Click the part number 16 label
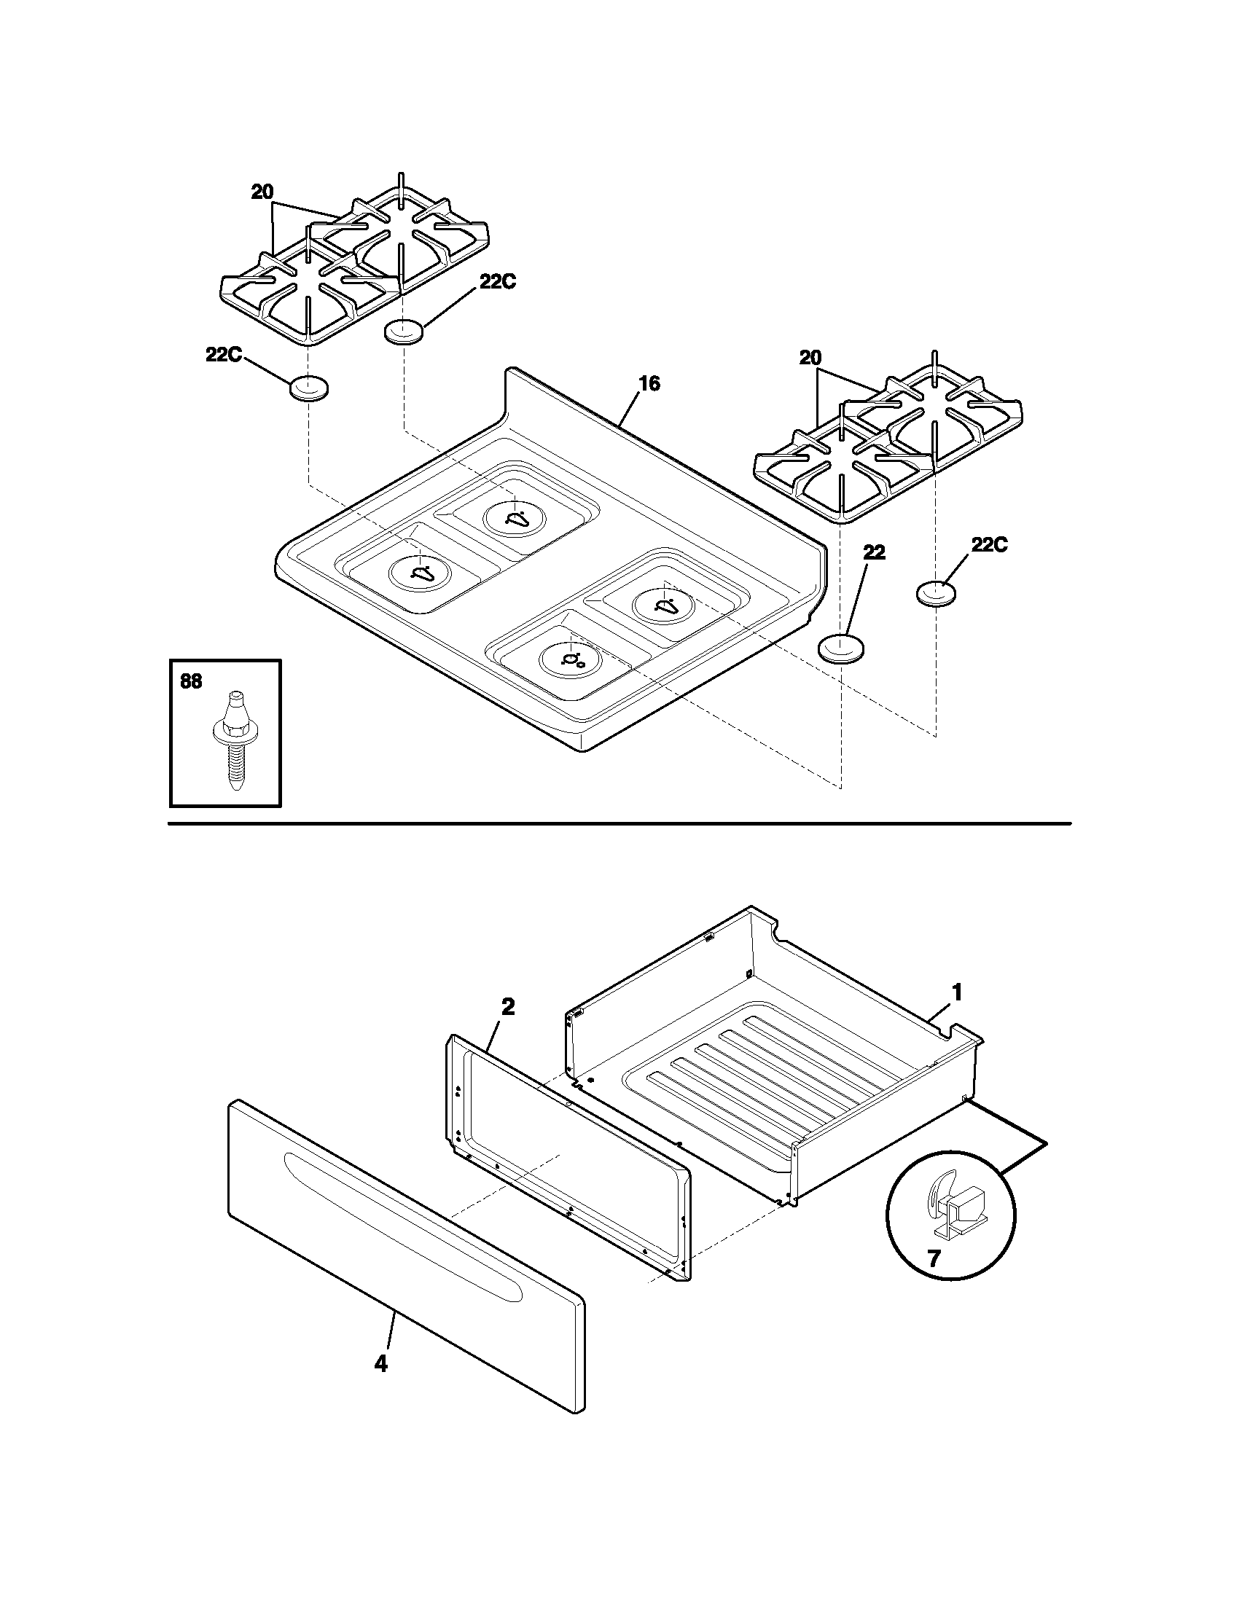pyautogui.click(x=649, y=384)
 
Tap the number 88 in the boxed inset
pyautogui.click(x=191, y=682)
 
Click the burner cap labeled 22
pyautogui.click(x=840, y=648)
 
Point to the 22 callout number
pyautogui.click(x=873, y=553)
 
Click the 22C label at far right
pyautogui.click(x=990, y=544)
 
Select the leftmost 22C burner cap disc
pyautogui.click(x=308, y=388)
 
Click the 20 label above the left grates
pyautogui.click(x=262, y=192)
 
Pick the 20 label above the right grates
pyautogui.click(x=810, y=358)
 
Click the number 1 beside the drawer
pyautogui.click(x=956, y=992)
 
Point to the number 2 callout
pyautogui.click(x=507, y=1007)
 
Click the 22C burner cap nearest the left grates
pyautogui.click(x=404, y=332)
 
